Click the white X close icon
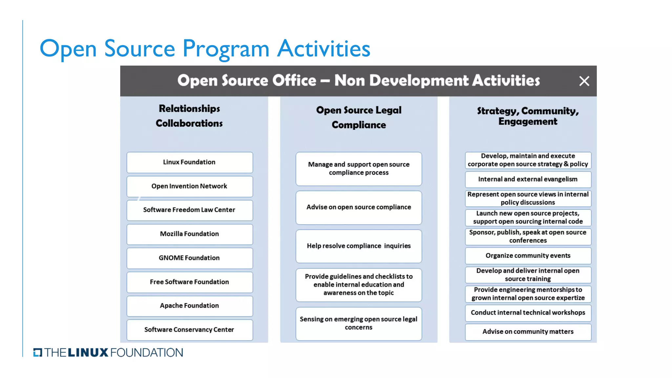(x=584, y=81)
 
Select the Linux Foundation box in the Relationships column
(x=190, y=162)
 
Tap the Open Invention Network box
(x=190, y=186)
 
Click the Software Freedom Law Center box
(x=190, y=210)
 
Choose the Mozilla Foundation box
(x=190, y=234)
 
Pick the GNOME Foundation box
(x=190, y=258)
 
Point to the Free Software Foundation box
(x=190, y=282)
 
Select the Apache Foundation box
(x=190, y=306)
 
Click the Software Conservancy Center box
(x=190, y=330)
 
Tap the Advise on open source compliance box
(x=359, y=208)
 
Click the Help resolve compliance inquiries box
(x=359, y=246)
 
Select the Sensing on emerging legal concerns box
(x=359, y=324)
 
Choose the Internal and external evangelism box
(x=528, y=179)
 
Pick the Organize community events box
(x=528, y=256)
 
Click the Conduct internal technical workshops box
(x=528, y=313)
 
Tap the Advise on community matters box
(x=528, y=332)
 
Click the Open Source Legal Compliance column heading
(x=359, y=117)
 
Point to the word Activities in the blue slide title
(x=324, y=49)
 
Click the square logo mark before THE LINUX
(x=38, y=352)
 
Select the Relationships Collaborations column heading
(x=189, y=116)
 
